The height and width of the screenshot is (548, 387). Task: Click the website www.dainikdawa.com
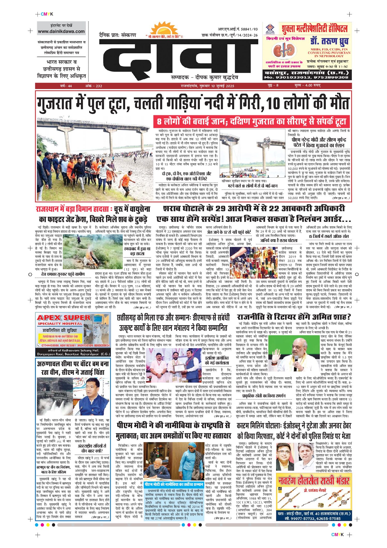[x=61, y=32]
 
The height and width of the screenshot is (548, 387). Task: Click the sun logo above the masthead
[x=165, y=29]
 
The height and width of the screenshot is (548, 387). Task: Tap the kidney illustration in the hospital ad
[x=284, y=51]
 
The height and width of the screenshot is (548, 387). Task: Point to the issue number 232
[x=99, y=86]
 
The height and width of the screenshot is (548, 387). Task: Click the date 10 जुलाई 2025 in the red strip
[x=223, y=86]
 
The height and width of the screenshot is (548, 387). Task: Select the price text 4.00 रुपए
[x=313, y=85]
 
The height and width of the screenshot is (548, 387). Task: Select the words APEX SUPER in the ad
[x=64, y=318]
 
